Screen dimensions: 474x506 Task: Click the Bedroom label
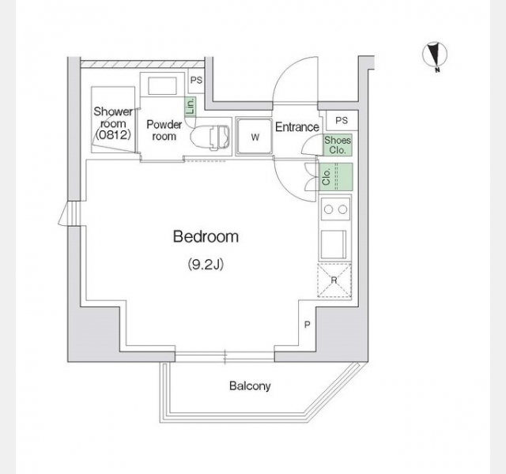[206, 236]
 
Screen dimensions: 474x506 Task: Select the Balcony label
[250, 386]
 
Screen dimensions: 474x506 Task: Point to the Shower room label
[113, 123]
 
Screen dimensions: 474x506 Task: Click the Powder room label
[164, 130]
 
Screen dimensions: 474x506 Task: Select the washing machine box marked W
[255, 137]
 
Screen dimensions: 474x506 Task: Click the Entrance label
[296, 127]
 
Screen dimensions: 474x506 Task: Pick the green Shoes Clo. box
[337, 145]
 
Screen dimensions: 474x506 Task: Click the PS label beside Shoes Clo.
[341, 120]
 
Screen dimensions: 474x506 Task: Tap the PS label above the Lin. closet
[196, 81]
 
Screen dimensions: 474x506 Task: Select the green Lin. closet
[190, 107]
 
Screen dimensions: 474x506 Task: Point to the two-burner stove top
[335, 210]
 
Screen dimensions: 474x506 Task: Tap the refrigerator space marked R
[334, 280]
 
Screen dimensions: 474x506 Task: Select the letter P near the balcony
[308, 325]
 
